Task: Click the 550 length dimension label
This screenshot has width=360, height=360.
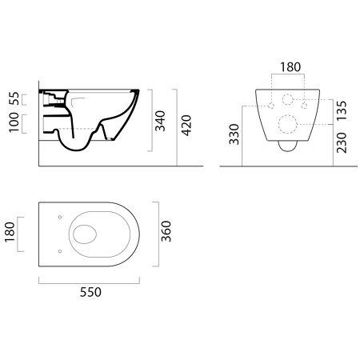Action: coord(90,292)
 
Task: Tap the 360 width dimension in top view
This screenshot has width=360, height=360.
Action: coord(166,231)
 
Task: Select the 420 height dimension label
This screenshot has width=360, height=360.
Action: coord(186,126)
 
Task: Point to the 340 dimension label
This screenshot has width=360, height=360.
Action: coord(160,121)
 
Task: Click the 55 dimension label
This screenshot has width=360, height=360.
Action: coord(14,98)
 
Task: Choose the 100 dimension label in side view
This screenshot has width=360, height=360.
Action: coord(14,122)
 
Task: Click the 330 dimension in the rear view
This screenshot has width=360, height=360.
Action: coord(234,134)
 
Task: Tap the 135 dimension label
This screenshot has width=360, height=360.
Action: coord(342,110)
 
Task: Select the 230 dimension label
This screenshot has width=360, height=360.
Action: coord(342,142)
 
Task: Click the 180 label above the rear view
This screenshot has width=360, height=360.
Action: coord(290,67)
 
